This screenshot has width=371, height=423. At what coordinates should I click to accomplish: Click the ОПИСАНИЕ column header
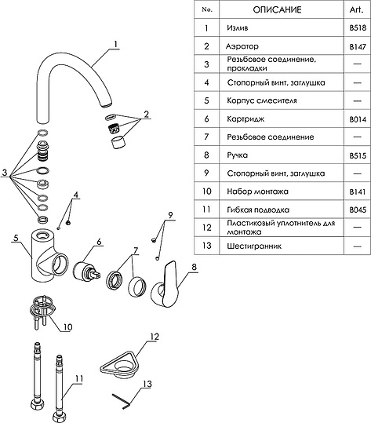(x=277, y=10)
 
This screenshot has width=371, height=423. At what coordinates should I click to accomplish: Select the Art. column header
(x=357, y=9)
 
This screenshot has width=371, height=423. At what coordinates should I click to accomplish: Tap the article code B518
(x=358, y=27)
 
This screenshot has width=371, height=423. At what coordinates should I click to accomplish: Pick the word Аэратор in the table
(x=242, y=46)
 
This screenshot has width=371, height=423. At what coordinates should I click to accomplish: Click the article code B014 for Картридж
(x=358, y=119)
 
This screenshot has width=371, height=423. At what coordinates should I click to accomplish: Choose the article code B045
(x=358, y=210)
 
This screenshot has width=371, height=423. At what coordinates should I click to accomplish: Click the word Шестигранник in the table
(x=254, y=246)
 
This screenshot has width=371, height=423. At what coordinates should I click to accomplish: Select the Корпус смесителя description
(x=262, y=100)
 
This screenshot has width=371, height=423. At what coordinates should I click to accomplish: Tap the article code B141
(x=358, y=191)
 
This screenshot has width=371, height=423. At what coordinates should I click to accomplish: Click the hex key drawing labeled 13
(x=122, y=402)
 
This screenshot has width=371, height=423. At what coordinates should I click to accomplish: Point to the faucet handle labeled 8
(x=165, y=285)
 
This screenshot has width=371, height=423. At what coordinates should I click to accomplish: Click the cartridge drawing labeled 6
(x=86, y=272)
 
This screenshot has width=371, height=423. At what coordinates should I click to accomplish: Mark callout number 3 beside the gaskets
(x=5, y=172)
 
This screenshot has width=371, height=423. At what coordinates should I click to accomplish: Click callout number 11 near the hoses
(x=78, y=379)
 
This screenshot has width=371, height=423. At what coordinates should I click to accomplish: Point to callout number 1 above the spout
(x=115, y=44)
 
